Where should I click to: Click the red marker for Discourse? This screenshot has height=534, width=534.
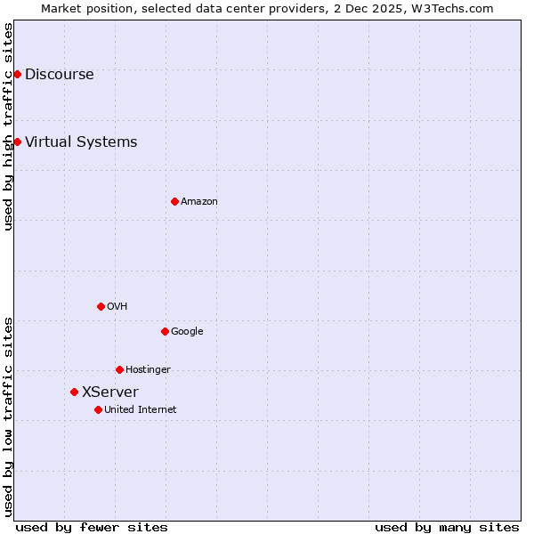pyautogui.click(x=17, y=74)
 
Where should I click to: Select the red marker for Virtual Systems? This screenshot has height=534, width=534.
pyautogui.click(x=17, y=142)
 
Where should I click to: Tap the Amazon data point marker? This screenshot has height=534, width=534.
pyautogui.click(x=174, y=201)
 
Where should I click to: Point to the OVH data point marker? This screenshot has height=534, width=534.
pyautogui.click(x=101, y=306)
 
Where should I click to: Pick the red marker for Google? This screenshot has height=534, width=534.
pyautogui.click(x=165, y=331)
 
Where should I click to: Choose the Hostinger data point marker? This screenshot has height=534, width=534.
pyautogui.click(x=119, y=369)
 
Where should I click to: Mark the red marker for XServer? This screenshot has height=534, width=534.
pyautogui.click(x=74, y=392)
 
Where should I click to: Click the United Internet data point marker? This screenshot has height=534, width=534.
pyautogui.click(x=98, y=409)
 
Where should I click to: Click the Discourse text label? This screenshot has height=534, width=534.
pyautogui.click(x=59, y=75)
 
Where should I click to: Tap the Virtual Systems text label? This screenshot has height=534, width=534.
pyautogui.click(x=81, y=142)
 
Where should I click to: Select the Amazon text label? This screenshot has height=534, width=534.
pyautogui.click(x=199, y=202)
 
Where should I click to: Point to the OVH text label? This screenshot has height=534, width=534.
pyautogui.click(x=117, y=307)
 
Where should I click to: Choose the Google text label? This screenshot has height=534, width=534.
pyautogui.click(x=187, y=332)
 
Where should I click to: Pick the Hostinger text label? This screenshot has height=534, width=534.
pyautogui.click(x=148, y=370)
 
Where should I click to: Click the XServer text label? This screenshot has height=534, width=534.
pyautogui.click(x=110, y=392)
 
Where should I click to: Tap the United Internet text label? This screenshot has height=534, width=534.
pyautogui.click(x=141, y=410)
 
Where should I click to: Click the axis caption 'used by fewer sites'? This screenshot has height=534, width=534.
pyautogui.click(x=92, y=527)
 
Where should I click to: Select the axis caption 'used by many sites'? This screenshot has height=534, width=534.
pyautogui.click(x=447, y=527)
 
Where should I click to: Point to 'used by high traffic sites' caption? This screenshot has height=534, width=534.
pyautogui.click(x=8, y=126)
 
